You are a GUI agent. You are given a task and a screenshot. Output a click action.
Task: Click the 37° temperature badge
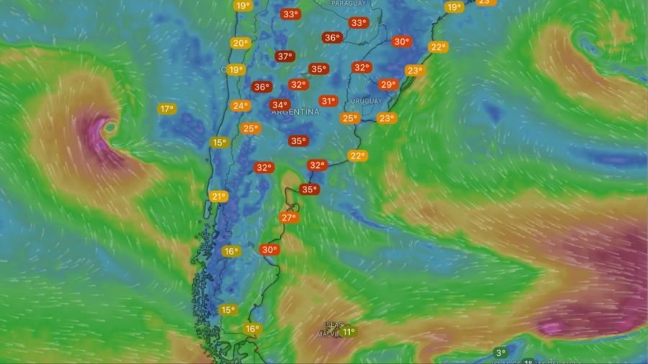[284, 56]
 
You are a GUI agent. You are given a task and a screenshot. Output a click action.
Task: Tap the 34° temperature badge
[279, 105]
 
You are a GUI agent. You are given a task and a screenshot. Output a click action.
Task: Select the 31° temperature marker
[328, 102]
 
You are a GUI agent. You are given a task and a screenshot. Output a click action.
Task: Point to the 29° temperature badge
[388, 85]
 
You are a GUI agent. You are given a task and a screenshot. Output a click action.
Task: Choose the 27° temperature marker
[289, 218]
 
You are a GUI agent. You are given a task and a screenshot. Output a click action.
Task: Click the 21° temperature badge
[218, 196]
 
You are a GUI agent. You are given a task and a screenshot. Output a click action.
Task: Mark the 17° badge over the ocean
[167, 109]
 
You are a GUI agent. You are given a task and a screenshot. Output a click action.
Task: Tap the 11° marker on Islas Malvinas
[348, 332]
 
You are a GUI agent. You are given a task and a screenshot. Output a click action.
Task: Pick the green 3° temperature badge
[500, 352]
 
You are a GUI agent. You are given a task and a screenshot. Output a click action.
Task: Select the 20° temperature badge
[240, 43]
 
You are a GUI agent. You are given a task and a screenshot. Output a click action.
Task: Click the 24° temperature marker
[240, 106]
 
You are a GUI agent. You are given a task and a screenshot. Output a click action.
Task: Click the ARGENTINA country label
[296, 112]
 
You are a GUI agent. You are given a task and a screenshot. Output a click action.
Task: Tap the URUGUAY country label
[367, 101]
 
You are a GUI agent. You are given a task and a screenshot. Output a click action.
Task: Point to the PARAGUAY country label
[348, 4]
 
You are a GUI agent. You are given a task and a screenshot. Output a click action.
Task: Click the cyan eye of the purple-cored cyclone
[110, 128]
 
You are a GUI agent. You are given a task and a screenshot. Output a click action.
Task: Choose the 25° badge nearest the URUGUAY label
[350, 118]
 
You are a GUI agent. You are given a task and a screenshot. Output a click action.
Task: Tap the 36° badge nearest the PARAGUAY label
[332, 38]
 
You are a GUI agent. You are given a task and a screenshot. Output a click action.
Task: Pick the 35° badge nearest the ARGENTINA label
[297, 141]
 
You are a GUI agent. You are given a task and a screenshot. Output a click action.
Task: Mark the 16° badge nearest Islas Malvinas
[251, 329]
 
